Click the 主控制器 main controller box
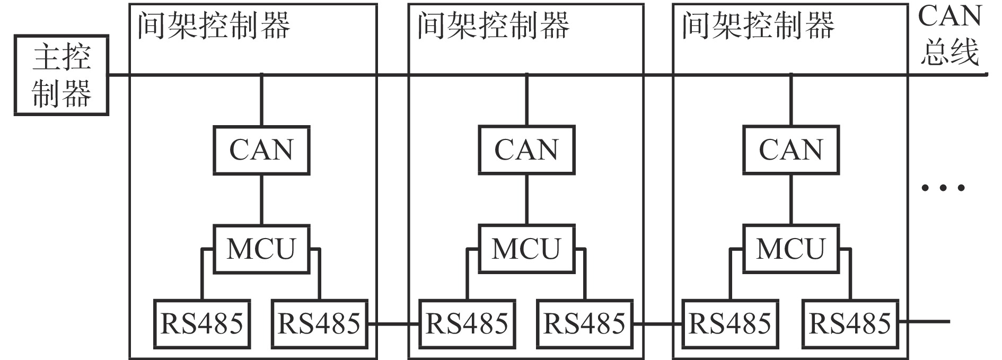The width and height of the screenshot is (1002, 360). point(61,75)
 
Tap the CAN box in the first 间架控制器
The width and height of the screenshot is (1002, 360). point(261,151)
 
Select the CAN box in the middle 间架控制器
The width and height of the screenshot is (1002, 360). point(526,151)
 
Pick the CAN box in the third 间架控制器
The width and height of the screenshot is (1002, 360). point(790,151)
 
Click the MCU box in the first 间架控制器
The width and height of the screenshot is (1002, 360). point(261,249)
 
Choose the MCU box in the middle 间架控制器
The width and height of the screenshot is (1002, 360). point(526,249)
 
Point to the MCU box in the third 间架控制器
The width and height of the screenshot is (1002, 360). point(790,249)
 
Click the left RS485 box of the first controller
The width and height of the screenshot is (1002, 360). point(202,324)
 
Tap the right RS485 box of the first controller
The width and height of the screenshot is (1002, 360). point(319,324)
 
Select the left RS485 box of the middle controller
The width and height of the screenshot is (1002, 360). point(467,324)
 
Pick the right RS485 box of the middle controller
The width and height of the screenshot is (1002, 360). point(585,324)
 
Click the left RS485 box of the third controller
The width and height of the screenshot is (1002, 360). point(730,324)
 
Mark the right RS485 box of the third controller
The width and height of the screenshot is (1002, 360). point(850,324)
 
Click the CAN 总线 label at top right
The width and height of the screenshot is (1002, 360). point(950,35)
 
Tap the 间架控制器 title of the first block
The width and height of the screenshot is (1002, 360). point(214,25)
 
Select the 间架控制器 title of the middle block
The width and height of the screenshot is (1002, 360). point(493,25)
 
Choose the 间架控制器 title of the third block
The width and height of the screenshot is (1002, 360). point(758,25)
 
